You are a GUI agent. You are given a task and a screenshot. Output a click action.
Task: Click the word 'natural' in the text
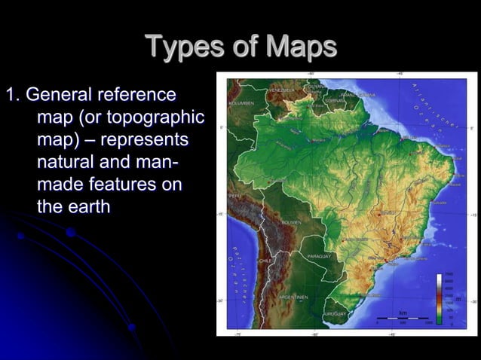[x=69, y=162]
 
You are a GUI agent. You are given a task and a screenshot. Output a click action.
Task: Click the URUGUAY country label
[x=335, y=312]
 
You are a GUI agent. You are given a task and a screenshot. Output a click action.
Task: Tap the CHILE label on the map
[x=265, y=260]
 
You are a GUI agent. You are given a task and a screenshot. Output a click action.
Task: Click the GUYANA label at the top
[x=314, y=87]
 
